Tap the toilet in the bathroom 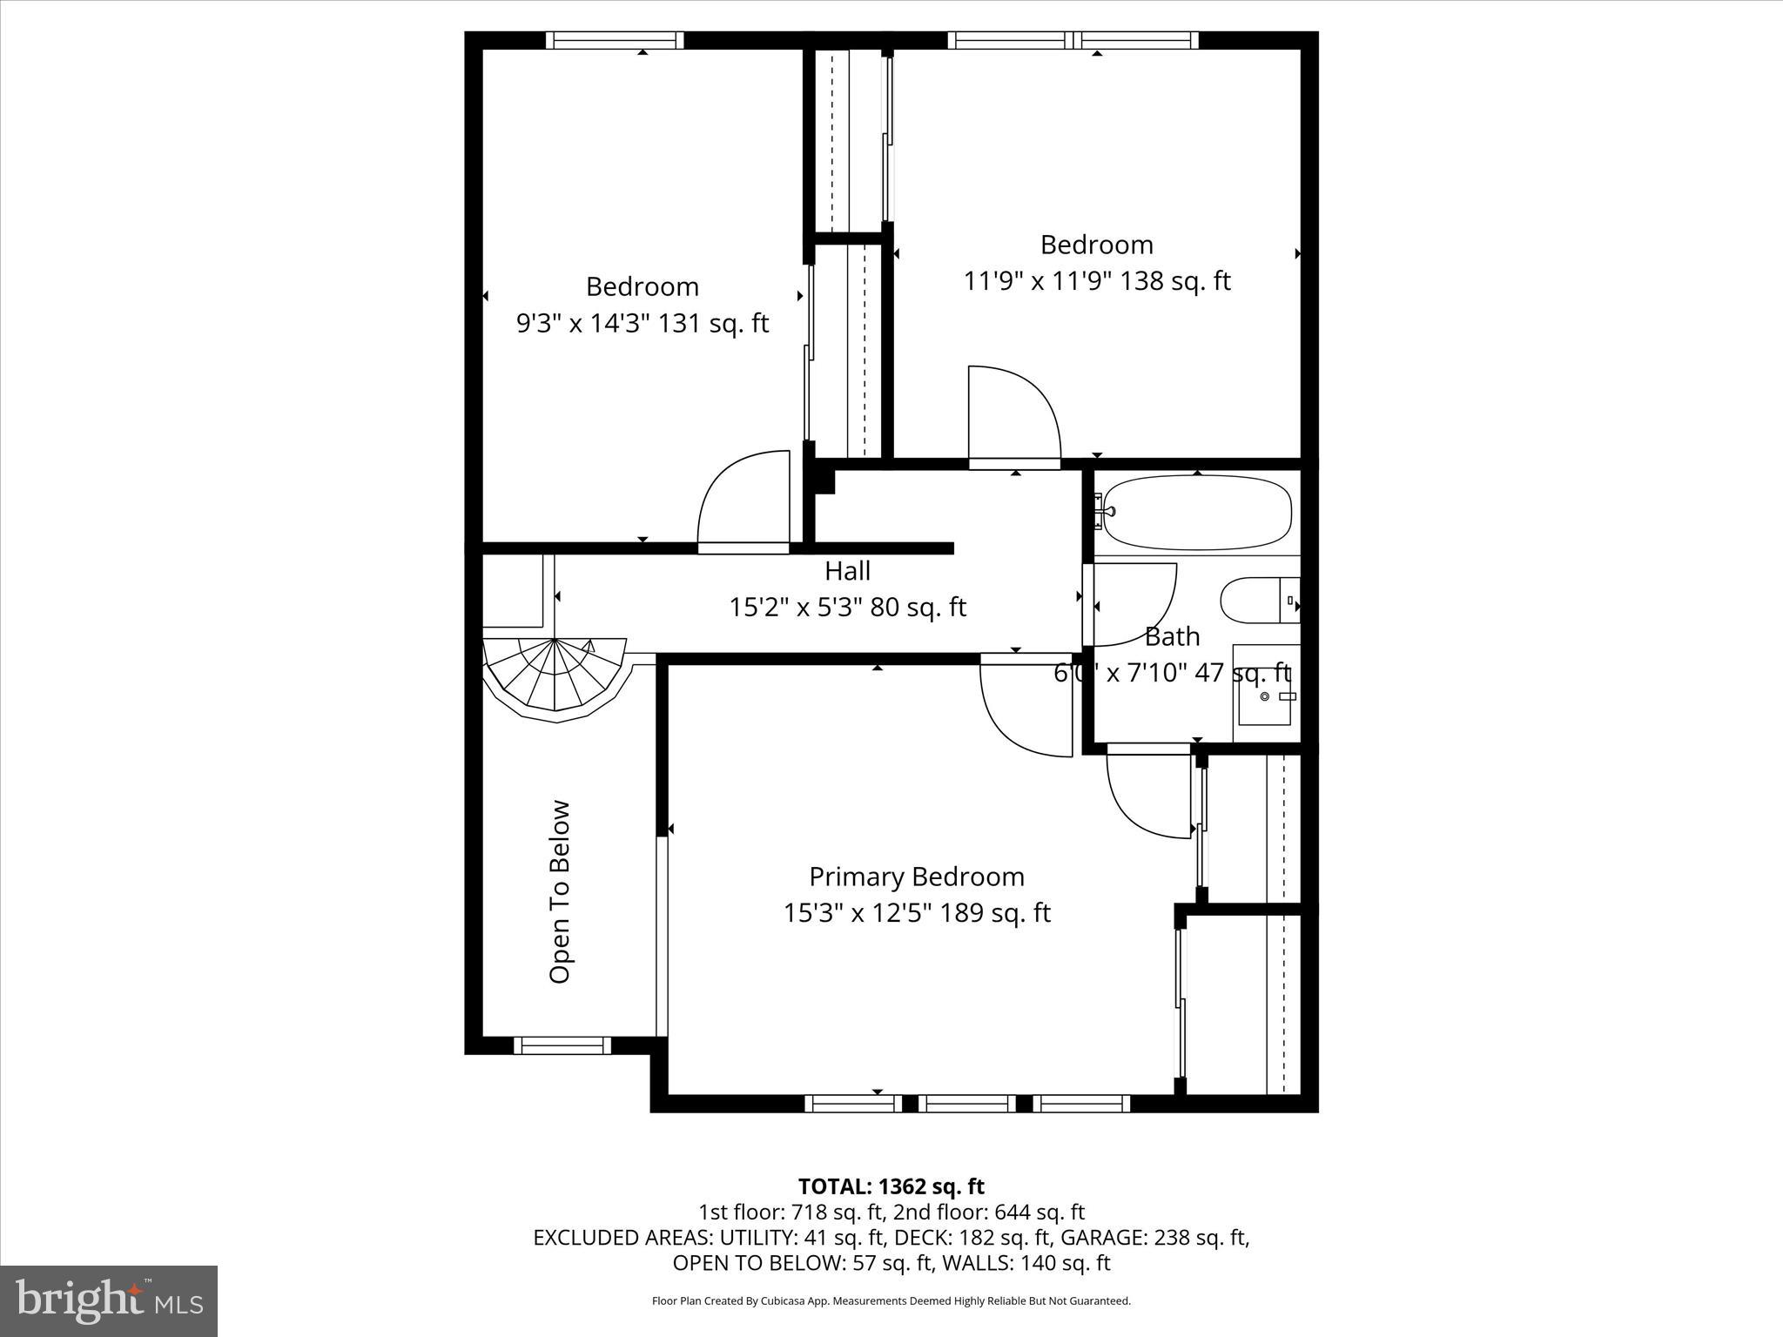click(x=1259, y=600)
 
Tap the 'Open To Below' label click(x=560, y=891)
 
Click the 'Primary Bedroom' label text click(x=917, y=877)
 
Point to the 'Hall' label click(x=847, y=571)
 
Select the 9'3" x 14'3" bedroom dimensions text click(x=643, y=324)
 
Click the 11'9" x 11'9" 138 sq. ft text click(x=1097, y=281)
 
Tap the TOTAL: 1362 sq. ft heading click(x=891, y=1186)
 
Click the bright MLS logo click(x=109, y=1301)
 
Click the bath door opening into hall click(x=1132, y=604)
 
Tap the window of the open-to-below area click(x=562, y=1045)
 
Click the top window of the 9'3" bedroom click(x=615, y=40)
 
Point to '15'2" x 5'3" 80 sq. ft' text click(x=847, y=608)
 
